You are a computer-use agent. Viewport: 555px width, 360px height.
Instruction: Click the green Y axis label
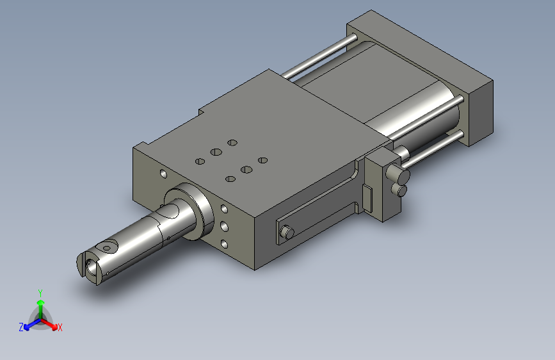(x=40, y=293)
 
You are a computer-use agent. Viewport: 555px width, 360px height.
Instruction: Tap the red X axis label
(x=60, y=327)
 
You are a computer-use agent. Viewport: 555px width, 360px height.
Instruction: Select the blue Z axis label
(x=21, y=327)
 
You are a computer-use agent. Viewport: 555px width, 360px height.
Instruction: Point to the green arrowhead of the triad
(x=41, y=302)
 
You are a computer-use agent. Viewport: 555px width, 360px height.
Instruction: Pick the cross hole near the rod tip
(x=109, y=247)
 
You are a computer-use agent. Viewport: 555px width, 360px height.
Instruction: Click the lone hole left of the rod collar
(x=163, y=174)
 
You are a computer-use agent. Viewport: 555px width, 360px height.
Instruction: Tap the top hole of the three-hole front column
(x=225, y=208)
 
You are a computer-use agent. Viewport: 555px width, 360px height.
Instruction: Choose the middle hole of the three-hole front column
(x=225, y=226)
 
